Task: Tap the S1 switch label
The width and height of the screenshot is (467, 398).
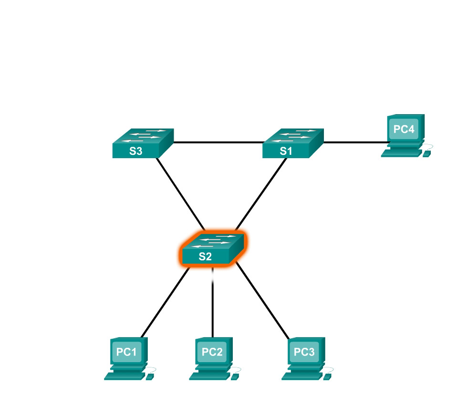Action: click(x=285, y=152)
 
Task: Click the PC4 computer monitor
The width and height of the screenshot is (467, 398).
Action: click(x=403, y=129)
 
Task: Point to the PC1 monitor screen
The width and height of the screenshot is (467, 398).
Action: click(x=127, y=352)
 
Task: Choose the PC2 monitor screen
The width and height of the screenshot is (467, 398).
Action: click(x=212, y=352)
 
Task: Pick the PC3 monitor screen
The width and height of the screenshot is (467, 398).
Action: click(x=304, y=352)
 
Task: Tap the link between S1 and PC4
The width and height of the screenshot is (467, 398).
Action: click(x=355, y=142)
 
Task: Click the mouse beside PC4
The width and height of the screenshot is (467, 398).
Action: click(x=427, y=154)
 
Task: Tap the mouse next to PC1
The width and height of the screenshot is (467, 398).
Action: click(x=150, y=377)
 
